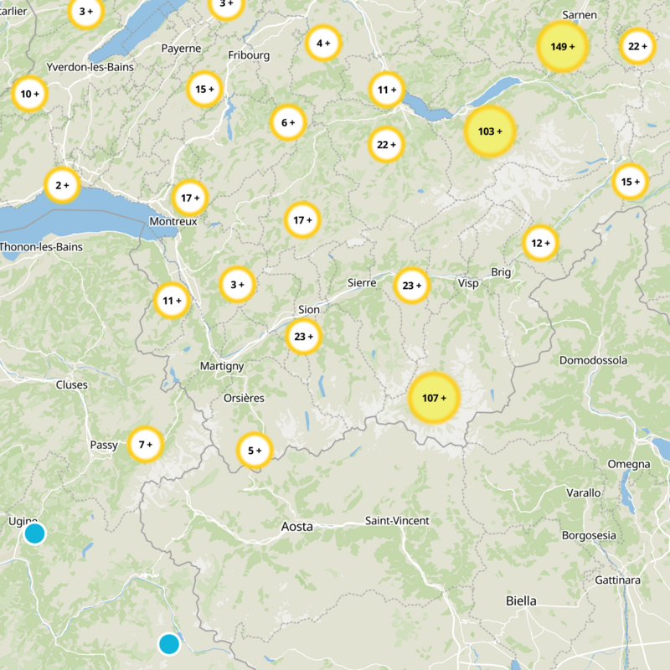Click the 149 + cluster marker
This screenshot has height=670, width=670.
coord(562,46)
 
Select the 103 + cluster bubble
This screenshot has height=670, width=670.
coord(489,131)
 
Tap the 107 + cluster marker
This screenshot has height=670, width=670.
coord(434,398)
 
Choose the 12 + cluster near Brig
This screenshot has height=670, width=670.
coord(540,243)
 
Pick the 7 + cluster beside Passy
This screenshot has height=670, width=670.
coord(145,444)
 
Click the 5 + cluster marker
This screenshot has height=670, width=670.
coord(255,451)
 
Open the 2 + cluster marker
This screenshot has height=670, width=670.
coord(62,185)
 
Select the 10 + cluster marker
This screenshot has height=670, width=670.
coord(29,94)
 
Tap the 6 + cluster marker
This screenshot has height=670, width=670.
coord(287,123)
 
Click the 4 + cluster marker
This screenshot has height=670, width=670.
coord(322,43)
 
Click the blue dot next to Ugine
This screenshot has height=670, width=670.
coord(34,533)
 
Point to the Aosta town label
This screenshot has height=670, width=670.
coord(297,527)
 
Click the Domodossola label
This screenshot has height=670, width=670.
coord(593,360)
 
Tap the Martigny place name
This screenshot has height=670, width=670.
coord(222,366)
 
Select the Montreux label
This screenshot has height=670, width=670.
coord(173,221)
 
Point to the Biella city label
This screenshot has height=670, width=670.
coord(521,600)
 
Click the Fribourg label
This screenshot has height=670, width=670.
coord(249,55)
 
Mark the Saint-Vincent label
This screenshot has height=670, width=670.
coord(397,521)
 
